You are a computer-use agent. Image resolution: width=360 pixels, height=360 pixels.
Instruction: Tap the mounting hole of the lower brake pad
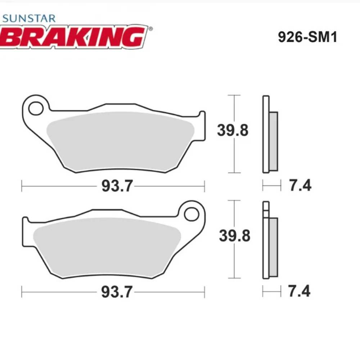pyautogui.click(x=191, y=214)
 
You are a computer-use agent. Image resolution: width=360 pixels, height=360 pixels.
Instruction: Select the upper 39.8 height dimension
pyautogui.click(x=233, y=130)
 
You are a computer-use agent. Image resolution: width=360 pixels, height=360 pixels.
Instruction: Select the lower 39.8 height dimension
pyautogui.click(x=234, y=236)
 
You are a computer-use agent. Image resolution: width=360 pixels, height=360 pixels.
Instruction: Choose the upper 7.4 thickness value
pyautogui.click(x=300, y=186)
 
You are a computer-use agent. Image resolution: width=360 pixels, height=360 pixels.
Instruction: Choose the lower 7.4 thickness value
pyautogui.click(x=300, y=291)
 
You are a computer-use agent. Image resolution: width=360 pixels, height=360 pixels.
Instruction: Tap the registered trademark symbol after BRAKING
pyautogui.click(x=150, y=29)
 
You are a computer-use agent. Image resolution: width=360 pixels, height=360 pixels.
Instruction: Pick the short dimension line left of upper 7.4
pyautogui.click(x=271, y=186)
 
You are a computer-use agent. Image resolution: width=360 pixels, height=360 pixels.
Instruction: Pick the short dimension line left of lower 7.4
pyautogui.click(x=271, y=292)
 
